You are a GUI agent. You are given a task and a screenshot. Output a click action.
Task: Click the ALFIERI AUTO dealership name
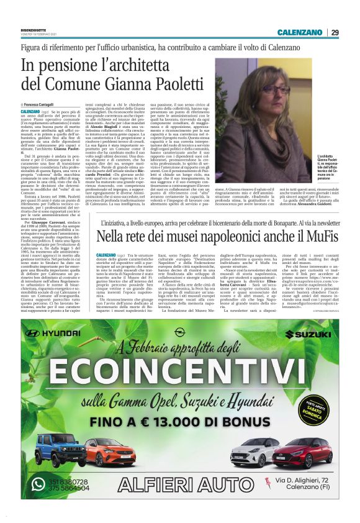tap(180, 485)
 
